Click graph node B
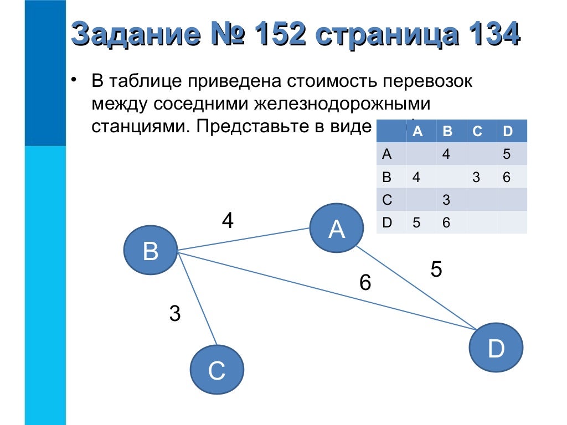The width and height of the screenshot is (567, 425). click(x=151, y=252)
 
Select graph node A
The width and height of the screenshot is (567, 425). click(x=337, y=229)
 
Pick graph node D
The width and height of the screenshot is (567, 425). click(x=496, y=349)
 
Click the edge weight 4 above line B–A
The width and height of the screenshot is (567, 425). click(x=228, y=221)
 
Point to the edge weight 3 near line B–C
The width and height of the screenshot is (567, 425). click(x=175, y=314)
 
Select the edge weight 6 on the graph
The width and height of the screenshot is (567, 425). click(x=364, y=283)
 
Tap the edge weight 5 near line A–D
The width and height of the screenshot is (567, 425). click(x=436, y=269)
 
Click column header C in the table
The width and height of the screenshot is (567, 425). click(x=477, y=132)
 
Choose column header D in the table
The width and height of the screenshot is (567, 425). click(x=507, y=132)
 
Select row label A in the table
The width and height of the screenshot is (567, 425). click(x=387, y=154)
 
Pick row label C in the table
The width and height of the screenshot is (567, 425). click(x=387, y=200)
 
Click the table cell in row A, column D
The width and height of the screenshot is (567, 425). click(x=507, y=154)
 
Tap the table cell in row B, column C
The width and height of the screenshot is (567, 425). click(x=477, y=177)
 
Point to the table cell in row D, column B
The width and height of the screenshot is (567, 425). click(x=446, y=223)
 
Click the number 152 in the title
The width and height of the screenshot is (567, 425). click(x=277, y=34)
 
